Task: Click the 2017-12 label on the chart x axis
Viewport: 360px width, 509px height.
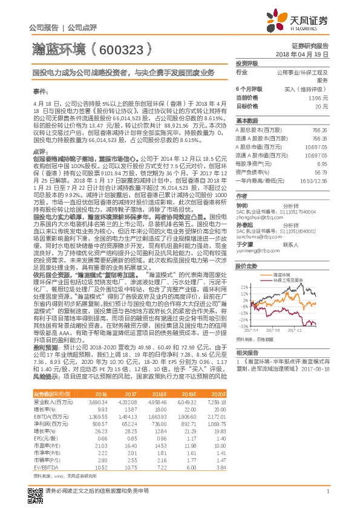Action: (x=304, y=330)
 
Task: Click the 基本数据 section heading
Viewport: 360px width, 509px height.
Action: (x=246, y=120)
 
